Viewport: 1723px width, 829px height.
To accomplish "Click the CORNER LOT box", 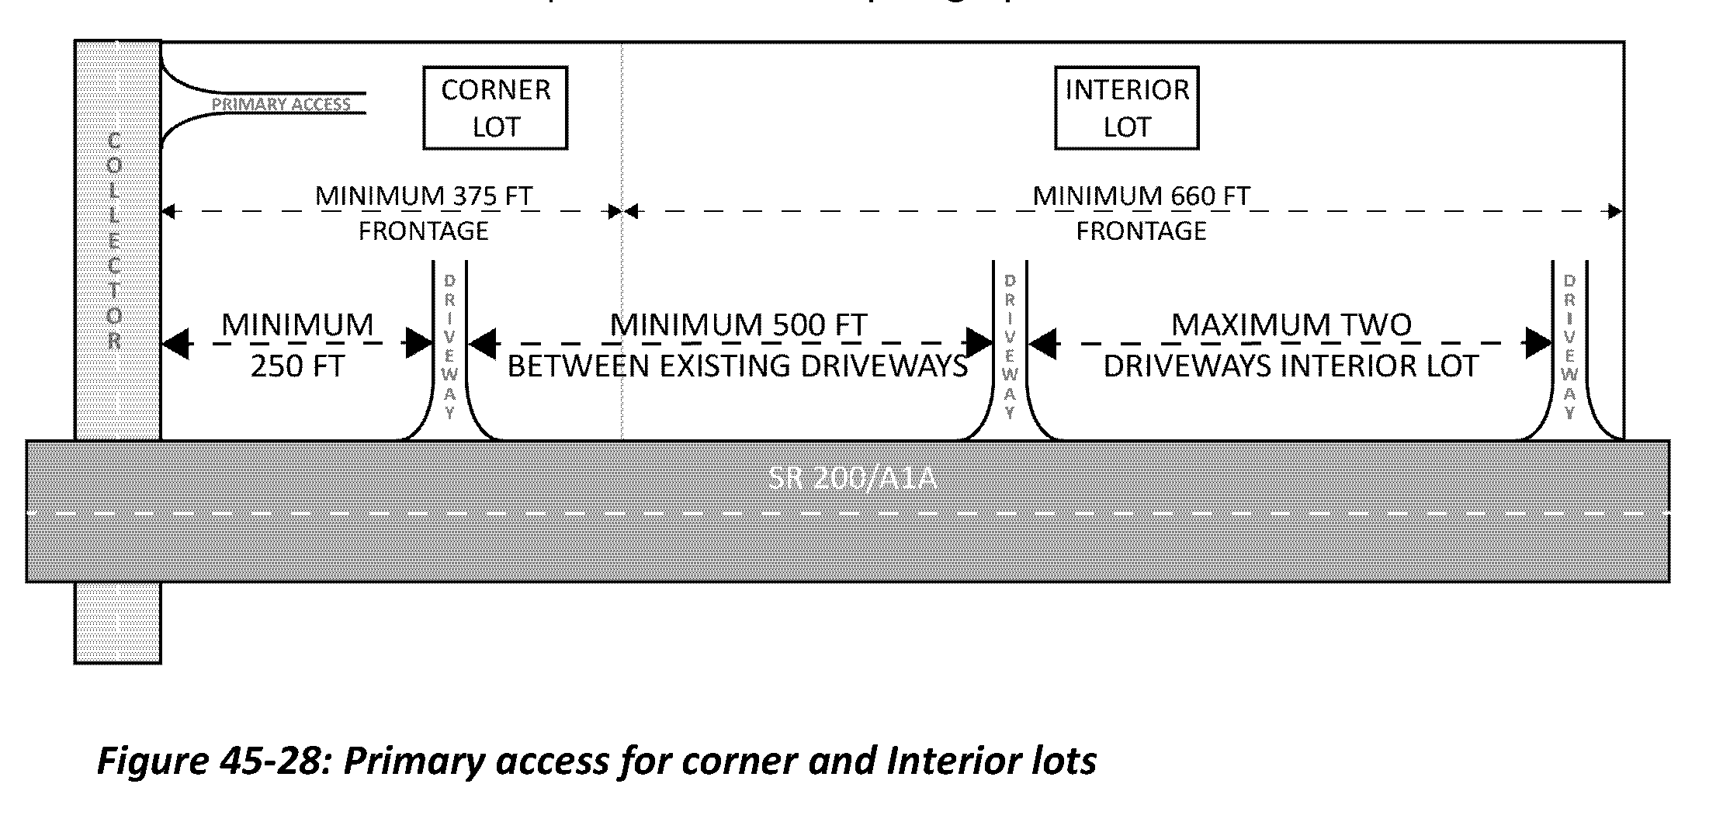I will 495,108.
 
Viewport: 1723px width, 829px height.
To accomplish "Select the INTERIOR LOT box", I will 1126,108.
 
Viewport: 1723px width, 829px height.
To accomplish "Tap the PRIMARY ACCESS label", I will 281,104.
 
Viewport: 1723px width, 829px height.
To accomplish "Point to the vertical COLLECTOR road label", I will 115,241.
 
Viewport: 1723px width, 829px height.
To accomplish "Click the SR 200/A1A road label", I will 852,477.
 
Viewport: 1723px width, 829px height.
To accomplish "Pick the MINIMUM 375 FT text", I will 424,196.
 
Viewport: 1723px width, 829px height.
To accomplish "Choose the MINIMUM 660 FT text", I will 1141,196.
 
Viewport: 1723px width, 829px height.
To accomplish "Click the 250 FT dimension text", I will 297,366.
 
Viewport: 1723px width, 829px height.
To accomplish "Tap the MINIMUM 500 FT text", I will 738,324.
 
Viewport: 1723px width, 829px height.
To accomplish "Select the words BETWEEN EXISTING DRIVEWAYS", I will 737,366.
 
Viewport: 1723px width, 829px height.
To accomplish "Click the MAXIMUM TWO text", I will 1291,324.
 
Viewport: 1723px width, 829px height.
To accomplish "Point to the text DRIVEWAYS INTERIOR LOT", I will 1291,366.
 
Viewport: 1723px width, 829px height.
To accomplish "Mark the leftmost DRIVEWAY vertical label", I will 449,345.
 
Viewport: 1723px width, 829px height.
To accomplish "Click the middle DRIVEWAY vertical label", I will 1010,345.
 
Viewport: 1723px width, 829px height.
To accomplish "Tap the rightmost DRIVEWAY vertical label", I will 1569,345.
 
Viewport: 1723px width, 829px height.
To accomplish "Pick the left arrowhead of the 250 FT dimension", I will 175,343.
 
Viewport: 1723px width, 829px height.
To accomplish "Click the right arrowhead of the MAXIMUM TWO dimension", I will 1538,343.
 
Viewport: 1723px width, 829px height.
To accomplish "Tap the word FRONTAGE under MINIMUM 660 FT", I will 1141,231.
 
